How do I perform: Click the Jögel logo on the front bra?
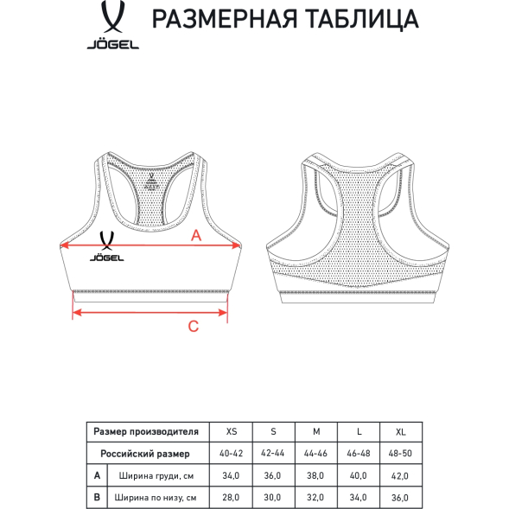coord(109,246)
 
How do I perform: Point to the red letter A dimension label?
coord(195,234)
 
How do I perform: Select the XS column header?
coord(230,431)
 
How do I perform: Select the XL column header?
coord(399,431)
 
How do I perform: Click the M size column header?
coord(315,431)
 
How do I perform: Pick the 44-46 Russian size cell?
coord(315,453)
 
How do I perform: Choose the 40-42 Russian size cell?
coord(230,453)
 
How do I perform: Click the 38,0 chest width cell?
coord(315,475)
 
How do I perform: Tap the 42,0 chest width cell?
coord(399,475)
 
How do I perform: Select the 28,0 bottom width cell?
coord(230,497)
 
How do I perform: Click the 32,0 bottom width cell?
coord(315,497)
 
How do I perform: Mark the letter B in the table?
coord(98,497)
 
